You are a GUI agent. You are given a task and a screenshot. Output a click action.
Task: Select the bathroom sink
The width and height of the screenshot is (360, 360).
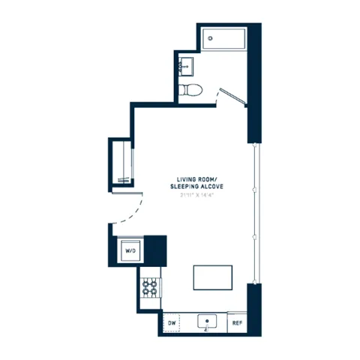point(186,67)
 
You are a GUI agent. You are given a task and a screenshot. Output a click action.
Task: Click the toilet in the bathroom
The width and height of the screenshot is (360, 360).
point(190,90)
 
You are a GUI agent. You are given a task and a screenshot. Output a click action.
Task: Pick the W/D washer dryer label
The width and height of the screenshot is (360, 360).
point(129,250)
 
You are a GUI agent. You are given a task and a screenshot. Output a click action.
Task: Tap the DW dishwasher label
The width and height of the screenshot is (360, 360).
point(172,323)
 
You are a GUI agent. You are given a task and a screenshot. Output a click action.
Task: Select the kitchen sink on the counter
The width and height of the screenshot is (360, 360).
point(206,322)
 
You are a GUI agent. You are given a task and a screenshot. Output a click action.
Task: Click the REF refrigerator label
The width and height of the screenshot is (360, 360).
point(237,323)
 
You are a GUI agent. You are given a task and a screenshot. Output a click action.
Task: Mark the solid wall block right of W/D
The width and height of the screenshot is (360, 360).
point(154,247)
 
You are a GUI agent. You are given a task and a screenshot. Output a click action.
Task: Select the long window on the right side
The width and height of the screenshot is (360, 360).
point(258,213)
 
